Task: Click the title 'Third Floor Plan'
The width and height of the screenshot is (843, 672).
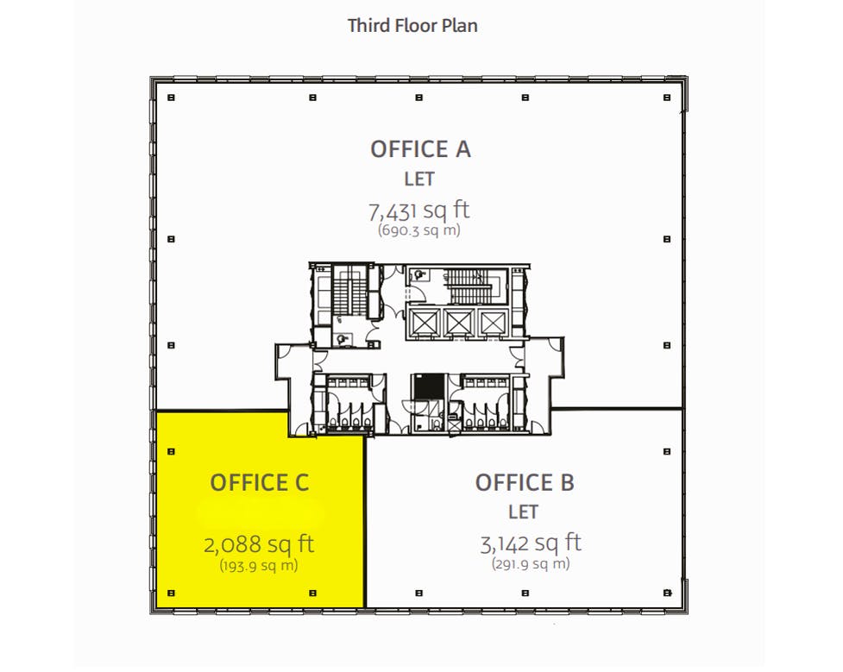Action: [x=412, y=25]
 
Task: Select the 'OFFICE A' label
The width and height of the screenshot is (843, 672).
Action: [x=420, y=149]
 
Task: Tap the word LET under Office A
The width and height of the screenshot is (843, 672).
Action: [x=419, y=179]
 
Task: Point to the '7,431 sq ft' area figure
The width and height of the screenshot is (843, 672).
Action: [x=419, y=210]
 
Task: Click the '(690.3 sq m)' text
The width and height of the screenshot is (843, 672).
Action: [x=419, y=230]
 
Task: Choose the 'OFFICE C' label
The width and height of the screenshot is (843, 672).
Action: [x=259, y=483]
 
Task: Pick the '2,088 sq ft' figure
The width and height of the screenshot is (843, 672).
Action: [x=259, y=544]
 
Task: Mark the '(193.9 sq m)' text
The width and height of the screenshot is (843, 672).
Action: [x=259, y=565]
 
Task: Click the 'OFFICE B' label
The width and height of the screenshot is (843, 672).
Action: [x=525, y=483]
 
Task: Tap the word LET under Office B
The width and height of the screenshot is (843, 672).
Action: [x=523, y=512]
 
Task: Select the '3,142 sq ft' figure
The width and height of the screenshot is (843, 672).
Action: [x=530, y=543]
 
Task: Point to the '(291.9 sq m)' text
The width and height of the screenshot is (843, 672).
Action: [x=530, y=564]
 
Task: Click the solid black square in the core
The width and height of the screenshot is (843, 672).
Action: [x=424, y=386]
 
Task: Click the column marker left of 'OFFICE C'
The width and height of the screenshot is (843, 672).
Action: [x=171, y=450]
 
